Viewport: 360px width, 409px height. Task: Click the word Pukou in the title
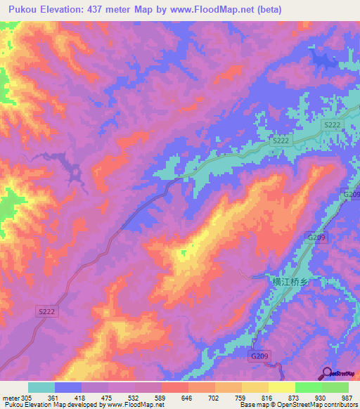tap(22, 10)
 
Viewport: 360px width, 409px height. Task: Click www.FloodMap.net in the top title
tap(227, 10)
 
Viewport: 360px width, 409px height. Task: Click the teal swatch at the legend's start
tap(41, 387)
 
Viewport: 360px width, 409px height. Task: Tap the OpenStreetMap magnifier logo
tap(327, 373)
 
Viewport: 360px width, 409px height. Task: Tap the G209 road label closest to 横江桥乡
tap(316, 238)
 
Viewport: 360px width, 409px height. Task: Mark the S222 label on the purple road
tap(46, 310)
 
